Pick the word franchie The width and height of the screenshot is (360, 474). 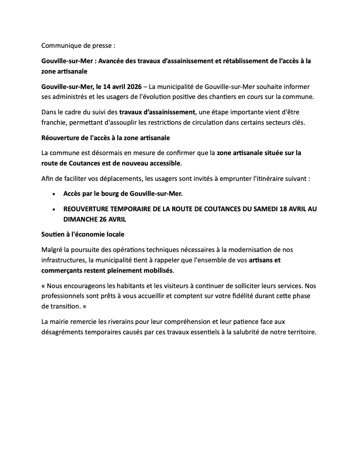54,123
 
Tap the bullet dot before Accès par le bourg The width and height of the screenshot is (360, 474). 54,194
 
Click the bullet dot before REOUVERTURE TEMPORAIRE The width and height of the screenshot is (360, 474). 54,209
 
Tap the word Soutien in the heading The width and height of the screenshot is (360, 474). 53,234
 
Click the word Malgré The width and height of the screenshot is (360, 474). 52,250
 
